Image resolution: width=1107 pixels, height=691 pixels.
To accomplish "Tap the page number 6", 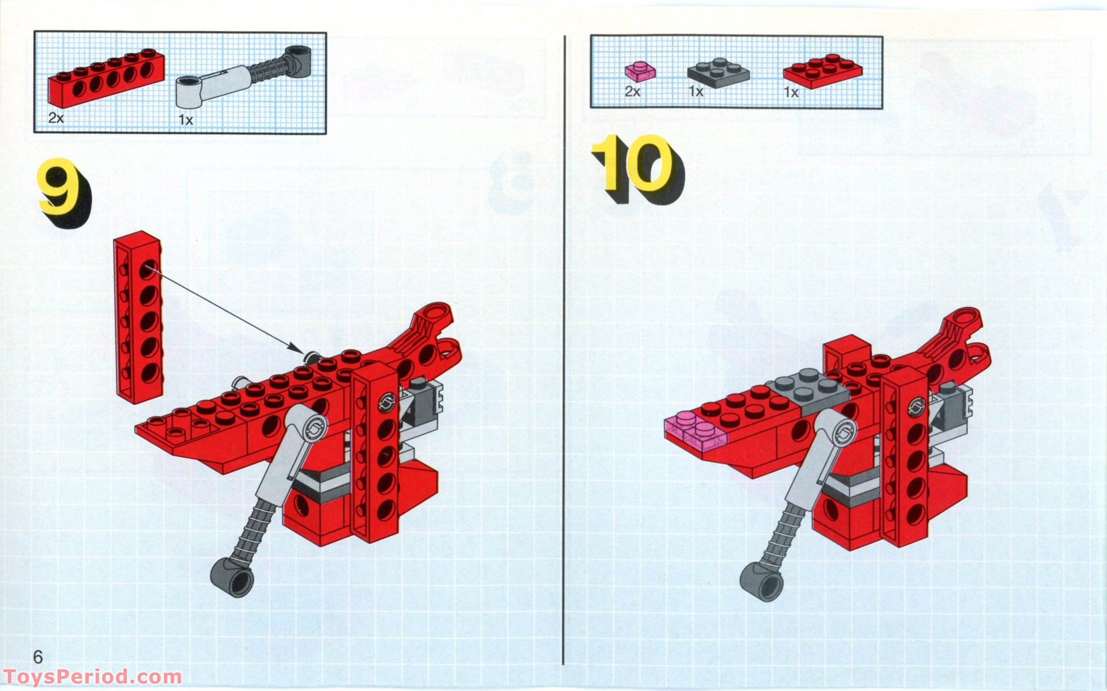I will coord(38,657).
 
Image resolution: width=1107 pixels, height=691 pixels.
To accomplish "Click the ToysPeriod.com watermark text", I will coord(91,676).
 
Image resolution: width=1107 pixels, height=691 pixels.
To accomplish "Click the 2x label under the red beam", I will coord(56,118).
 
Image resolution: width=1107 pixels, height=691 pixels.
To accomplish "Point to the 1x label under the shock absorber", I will coord(186,120).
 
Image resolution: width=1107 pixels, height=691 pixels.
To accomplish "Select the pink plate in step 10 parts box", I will coord(640,71).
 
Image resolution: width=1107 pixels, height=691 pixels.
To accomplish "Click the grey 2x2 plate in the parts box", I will coord(718,73).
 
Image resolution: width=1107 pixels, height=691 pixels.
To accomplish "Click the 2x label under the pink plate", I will coord(632,92).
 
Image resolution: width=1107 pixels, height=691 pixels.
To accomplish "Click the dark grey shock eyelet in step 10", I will coord(761,581).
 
